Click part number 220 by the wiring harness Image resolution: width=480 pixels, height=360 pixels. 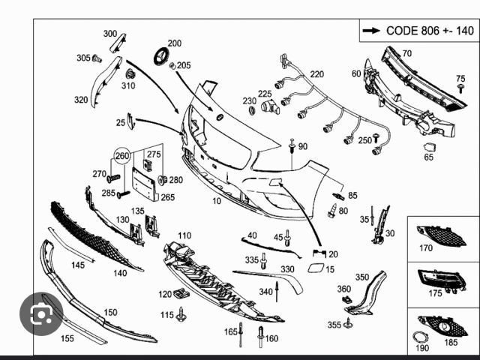point(317,74)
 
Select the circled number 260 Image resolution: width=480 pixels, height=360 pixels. point(121,156)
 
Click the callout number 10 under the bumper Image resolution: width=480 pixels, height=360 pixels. point(217,201)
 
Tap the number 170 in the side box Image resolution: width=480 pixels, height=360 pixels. point(426,247)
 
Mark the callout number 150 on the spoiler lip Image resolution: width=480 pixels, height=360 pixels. point(110,312)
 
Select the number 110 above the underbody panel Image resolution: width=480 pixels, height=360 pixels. point(184,235)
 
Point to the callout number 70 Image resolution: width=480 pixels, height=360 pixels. point(407,54)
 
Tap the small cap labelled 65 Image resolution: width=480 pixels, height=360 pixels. point(430,147)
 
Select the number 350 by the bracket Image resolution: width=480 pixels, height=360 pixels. point(362,277)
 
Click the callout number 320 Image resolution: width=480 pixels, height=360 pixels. point(80,100)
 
